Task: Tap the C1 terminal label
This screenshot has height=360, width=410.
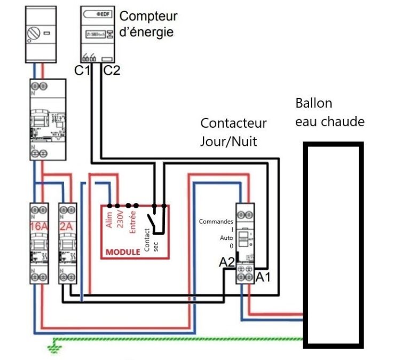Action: coord(82,70)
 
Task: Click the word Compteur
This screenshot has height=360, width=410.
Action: coord(148,16)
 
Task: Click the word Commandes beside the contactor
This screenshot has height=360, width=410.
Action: coord(216,221)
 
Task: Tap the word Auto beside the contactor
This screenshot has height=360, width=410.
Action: coord(226,238)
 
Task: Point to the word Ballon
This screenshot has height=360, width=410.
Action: coord(314,103)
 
